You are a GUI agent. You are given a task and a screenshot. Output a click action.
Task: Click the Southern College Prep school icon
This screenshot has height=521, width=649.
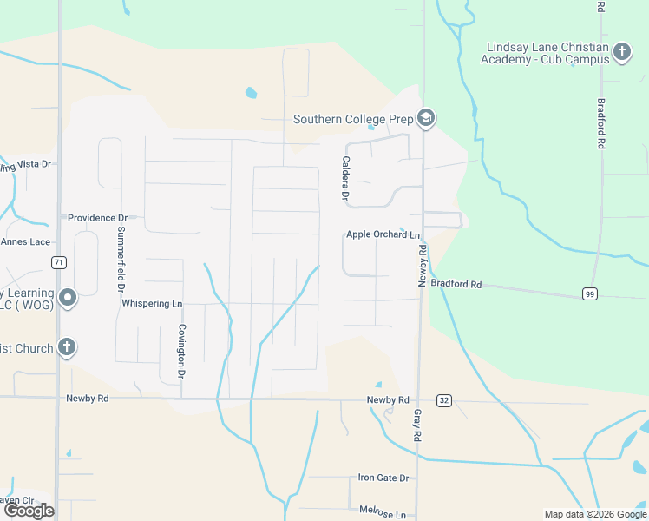pos(425,119)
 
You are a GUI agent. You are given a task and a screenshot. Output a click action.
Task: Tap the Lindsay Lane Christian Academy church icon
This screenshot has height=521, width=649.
pos(621,52)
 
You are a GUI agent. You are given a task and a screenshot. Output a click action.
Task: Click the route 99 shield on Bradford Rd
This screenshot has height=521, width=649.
pos(590,293)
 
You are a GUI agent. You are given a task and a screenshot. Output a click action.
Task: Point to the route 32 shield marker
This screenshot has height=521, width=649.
pos(445,400)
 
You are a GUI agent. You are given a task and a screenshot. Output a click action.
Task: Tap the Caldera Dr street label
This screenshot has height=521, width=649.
pos(345,180)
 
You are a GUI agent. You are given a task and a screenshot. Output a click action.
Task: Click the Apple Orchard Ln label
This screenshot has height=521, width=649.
pos(383,235)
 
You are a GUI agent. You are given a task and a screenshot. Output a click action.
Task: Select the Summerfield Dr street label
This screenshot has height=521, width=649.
pos(121,258)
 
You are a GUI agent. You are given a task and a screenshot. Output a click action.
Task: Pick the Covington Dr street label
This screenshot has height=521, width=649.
pos(182,352)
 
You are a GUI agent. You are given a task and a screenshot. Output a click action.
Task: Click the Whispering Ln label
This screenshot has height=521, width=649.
pos(152,304)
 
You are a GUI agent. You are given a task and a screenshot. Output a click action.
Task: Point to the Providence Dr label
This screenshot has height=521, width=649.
pos(97,218)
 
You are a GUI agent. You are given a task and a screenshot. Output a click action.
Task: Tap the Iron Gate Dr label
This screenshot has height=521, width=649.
pos(383,478)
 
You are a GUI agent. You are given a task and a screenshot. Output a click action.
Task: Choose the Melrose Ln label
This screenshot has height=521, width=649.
pos(383,514)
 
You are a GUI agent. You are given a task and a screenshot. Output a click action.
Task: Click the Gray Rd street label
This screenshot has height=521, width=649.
pos(417,424)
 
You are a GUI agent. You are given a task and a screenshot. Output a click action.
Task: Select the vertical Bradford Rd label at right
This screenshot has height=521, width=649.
pos(600,123)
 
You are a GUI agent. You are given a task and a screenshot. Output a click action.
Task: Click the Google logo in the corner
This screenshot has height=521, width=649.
pos(29,511)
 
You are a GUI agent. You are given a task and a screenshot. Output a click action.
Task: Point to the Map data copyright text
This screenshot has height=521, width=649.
pos(594,514)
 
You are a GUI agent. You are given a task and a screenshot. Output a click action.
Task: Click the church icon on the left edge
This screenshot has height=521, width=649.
pos(66,348)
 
